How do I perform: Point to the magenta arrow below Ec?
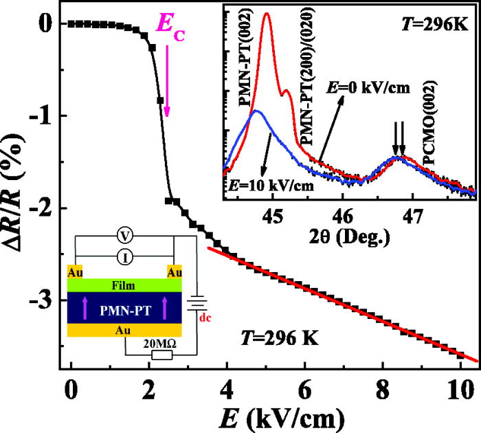pyautogui.click(x=166, y=82)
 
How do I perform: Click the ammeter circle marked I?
pyautogui.click(x=124, y=256)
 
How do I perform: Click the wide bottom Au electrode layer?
pyautogui.click(x=124, y=329)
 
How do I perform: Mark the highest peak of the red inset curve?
pyautogui.click(x=267, y=14)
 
